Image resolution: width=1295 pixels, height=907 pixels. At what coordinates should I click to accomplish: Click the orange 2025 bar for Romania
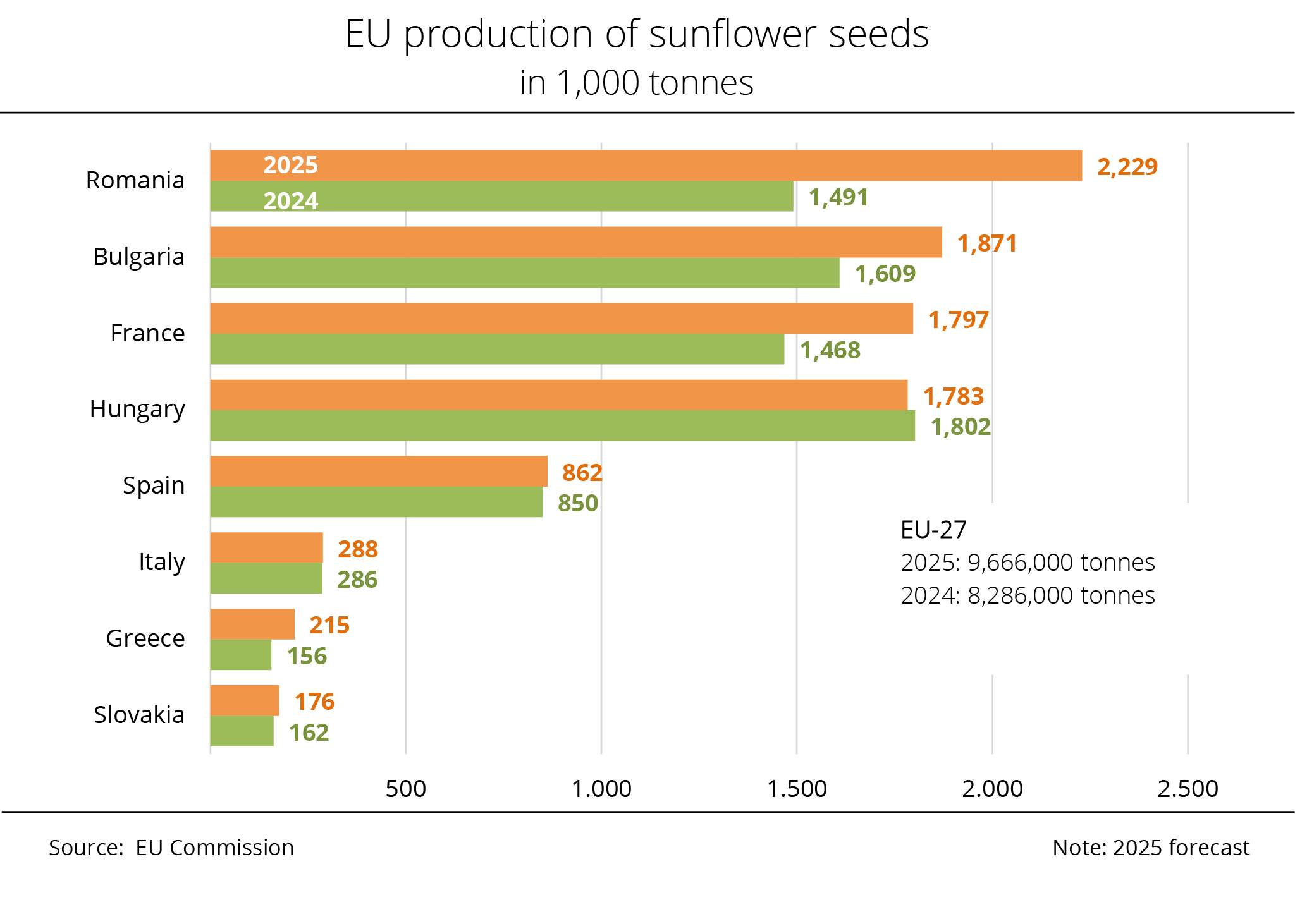click(645, 166)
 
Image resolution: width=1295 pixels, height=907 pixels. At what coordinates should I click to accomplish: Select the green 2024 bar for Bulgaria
click(525, 273)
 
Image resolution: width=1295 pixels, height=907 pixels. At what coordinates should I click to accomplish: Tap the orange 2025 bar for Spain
click(379, 472)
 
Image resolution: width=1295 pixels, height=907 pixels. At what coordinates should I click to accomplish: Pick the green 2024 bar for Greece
click(241, 655)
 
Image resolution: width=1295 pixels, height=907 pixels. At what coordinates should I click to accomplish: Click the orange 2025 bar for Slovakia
click(245, 700)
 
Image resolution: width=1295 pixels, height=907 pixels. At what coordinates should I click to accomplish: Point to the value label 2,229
click(1127, 167)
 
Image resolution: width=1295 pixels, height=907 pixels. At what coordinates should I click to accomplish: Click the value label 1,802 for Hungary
click(961, 427)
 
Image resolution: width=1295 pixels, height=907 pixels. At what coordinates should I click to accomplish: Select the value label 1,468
click(830, 350)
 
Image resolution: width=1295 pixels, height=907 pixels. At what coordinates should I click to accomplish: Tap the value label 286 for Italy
click(357, 580)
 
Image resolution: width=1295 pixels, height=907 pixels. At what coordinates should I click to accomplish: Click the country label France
click(147, 333)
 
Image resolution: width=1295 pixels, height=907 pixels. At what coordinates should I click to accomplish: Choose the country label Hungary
click(137, 409)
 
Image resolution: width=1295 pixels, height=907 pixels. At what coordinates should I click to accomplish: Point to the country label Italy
click(161, 562)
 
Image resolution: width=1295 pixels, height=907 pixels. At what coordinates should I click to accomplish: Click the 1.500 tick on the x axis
click(797, 789)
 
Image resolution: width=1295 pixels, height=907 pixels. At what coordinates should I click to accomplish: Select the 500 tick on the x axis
click(405, 789)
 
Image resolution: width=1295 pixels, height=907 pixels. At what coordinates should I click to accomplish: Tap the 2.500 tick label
click(1188, 789)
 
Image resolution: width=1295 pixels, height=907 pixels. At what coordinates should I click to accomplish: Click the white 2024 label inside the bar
click(290, 201)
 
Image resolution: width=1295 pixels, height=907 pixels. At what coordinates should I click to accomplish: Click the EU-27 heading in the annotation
click(933, 530)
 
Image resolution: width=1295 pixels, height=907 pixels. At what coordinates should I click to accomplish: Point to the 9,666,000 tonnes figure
click(1060, 563)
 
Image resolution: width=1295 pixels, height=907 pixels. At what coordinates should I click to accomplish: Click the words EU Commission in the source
click(215, 848)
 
